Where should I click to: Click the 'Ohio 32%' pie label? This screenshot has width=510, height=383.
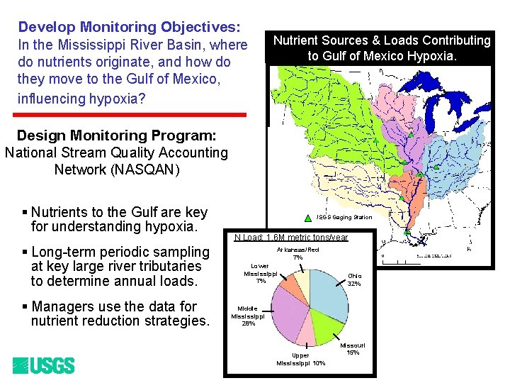click(353, 279)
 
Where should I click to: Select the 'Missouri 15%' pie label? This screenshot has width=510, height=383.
click(353, 348)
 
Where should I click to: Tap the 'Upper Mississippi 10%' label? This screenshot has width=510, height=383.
click(301, 359)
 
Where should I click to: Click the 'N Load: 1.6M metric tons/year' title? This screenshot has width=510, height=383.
click(291, 238)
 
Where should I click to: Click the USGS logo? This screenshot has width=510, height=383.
click(43, 366)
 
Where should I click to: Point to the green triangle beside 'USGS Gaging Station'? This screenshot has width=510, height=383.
click(308, 217)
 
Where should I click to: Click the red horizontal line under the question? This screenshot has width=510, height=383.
click(132, 114)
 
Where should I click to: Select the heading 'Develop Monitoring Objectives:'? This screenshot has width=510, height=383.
click(130, 27)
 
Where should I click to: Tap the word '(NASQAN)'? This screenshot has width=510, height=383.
click(117, 170)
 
